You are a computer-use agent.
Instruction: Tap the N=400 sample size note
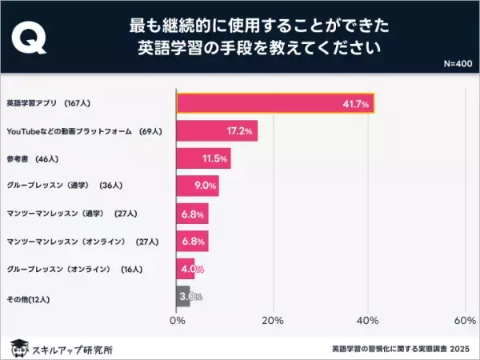coord(457,63)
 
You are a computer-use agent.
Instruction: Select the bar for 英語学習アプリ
coord(275,104)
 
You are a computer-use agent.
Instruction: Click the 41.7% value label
coord(354,104)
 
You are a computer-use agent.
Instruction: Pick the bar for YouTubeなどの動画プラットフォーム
coord(217,130)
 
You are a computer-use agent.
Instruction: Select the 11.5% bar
coord(203,158)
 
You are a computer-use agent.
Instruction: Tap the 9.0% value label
coord(206,186)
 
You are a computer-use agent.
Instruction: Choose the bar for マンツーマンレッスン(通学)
coord(192,214)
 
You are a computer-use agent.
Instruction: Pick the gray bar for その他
coord(183,297)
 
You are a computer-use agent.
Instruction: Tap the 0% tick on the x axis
coord(178,321)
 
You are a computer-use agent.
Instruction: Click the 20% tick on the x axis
coord(273,321)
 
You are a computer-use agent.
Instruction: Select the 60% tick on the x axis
coord(465,321)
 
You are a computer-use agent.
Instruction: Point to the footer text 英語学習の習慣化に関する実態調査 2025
coord(402,349)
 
